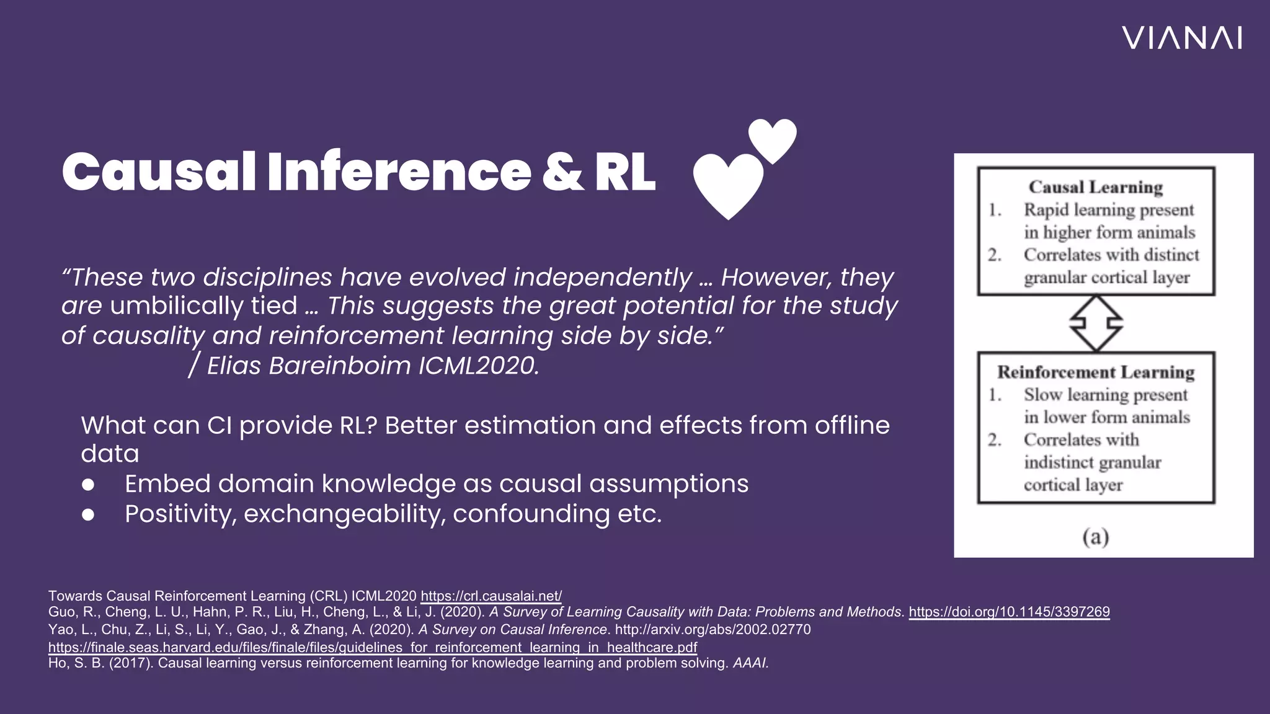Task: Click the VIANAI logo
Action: click(x=1182, y=38)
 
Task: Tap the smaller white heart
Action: click(x=772, y=139)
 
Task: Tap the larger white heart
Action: click(x=728, y=184)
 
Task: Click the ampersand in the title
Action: click(x=562, y=171)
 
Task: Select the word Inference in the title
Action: click(x=399, y=171)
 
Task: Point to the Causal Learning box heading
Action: click(x=1096, y=187)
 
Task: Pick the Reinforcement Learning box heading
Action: click(x=1096, y=372)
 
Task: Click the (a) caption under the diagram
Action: click(x=1096, y=536)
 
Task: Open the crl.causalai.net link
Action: click(x=491, y=596)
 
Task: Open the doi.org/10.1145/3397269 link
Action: click(x=1009, y=612)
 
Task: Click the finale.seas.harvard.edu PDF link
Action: click(x=373, y=647)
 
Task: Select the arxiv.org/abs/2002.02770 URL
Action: click(x=713, y=630)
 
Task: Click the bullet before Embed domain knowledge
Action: click(x=88, y=485)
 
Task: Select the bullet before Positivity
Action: click(x=88, y=514)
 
